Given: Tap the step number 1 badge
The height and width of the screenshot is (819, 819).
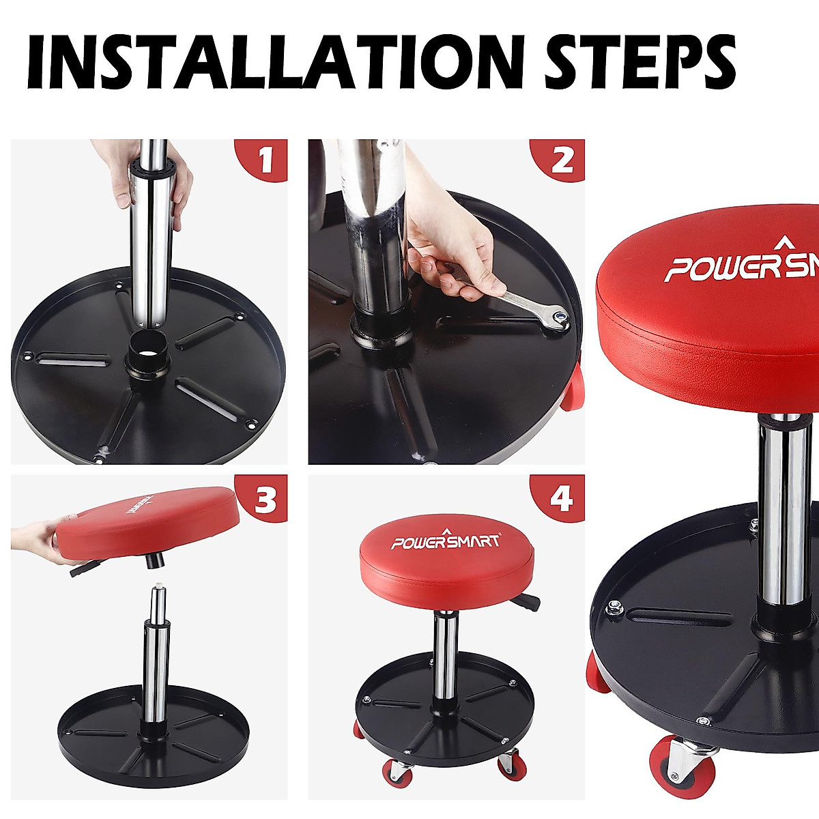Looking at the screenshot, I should tap(263, 161).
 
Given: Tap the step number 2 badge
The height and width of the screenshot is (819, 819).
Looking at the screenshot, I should tap(561, 161).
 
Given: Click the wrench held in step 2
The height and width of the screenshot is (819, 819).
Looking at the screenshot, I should tap(529, 302).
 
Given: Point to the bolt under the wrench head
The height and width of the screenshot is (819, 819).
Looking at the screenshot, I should tap(560, 315).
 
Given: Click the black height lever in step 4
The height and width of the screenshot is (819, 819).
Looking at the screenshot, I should tap(528, 602).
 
